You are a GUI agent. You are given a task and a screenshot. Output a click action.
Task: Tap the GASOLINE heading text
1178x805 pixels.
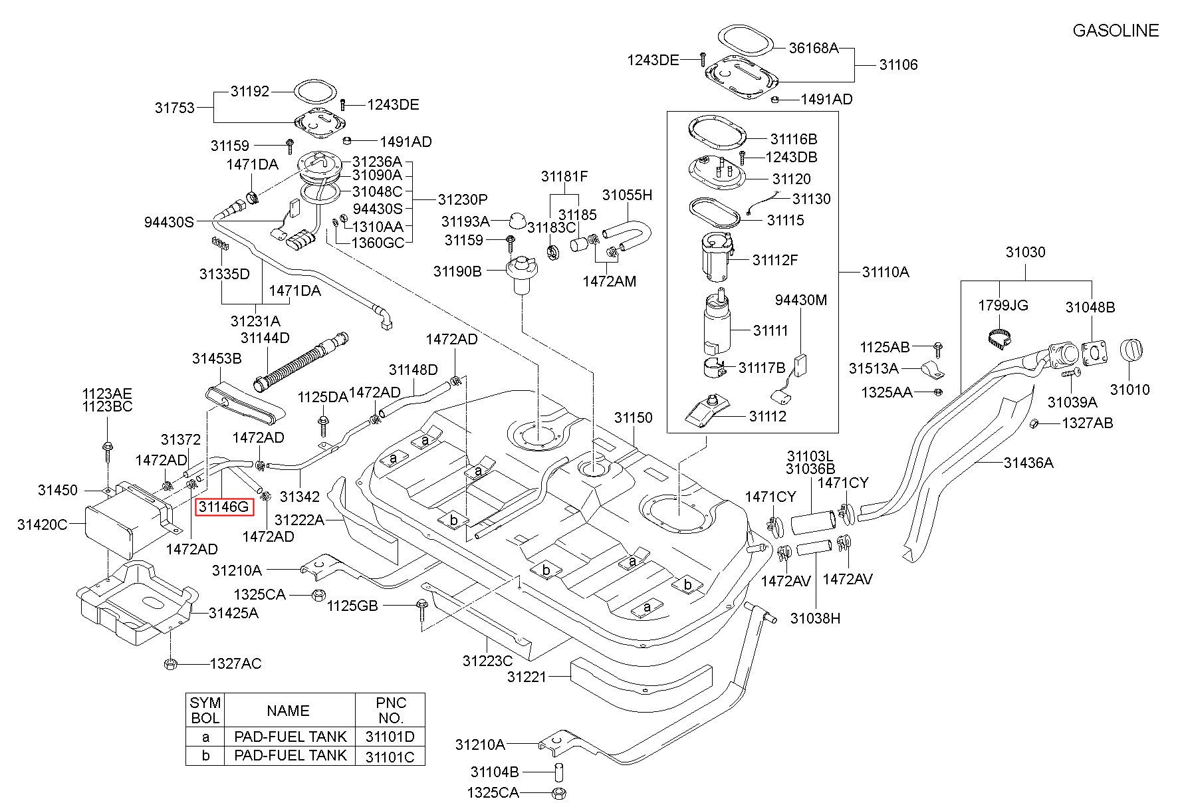coord(1116,31)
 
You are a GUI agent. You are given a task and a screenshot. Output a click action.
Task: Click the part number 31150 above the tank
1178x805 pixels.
coord(633,418)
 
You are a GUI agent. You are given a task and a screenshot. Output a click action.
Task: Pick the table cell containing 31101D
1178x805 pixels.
coord(390,736)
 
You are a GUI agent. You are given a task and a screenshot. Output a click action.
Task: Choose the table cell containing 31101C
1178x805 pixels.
coord(390,755)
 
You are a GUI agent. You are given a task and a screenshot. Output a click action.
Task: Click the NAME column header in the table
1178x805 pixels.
coord(288,711)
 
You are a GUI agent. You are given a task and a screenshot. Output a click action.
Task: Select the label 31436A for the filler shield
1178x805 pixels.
coord(1028,463)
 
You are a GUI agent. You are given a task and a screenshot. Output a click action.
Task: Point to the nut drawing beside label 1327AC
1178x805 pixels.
coord(170,663)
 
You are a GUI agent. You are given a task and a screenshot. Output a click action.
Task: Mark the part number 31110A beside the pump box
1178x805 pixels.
coord(885,272)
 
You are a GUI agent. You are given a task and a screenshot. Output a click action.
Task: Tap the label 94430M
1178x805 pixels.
coord(801,300)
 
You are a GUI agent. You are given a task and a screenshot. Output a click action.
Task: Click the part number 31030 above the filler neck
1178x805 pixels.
coord(1025,253)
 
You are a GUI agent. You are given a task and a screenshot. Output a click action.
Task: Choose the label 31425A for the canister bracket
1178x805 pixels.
coord(233,613)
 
